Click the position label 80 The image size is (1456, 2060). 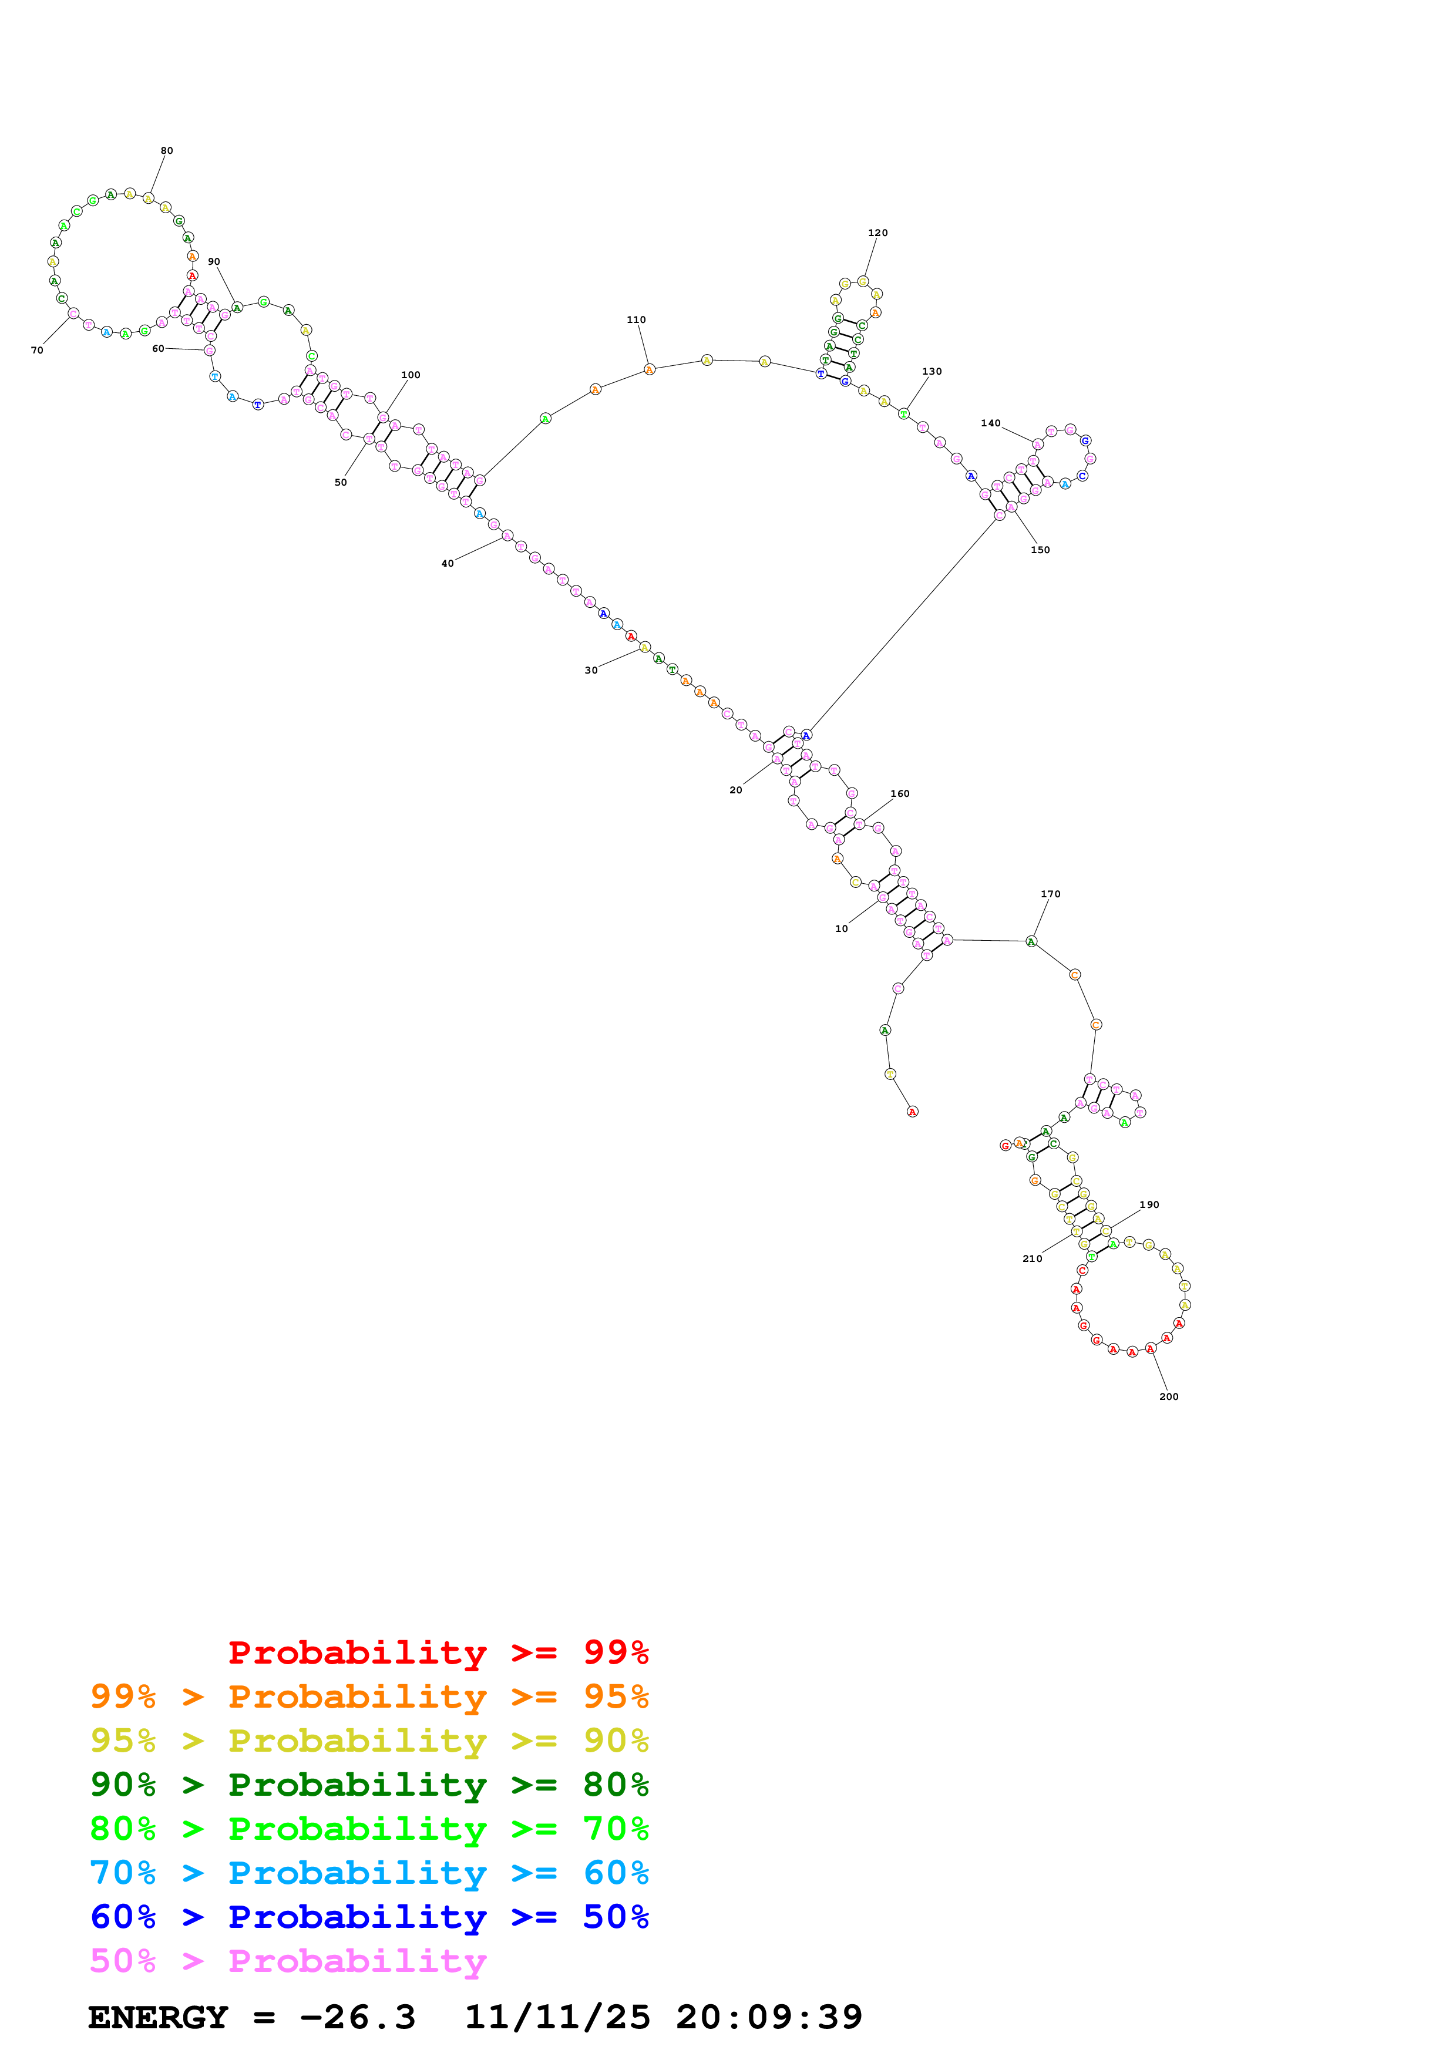pos(167,151)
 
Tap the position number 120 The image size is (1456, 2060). pos(877,233)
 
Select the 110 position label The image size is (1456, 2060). pos(636,320)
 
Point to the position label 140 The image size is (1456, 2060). pos(990,423)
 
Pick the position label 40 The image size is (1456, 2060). pos(448,564)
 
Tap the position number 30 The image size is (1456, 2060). pos(591,670)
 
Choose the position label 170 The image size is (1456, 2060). pos(1051,894)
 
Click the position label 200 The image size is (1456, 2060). pos(1169,1397)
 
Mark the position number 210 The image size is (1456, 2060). pos(1033,1259)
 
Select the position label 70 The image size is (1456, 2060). pos(37,351)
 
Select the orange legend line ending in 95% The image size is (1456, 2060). pos(369,1697)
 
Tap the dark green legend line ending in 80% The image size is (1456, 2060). pos(369,1785)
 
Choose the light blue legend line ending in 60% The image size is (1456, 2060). pos(369,1873)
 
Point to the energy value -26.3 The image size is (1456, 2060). pos(358,2017)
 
